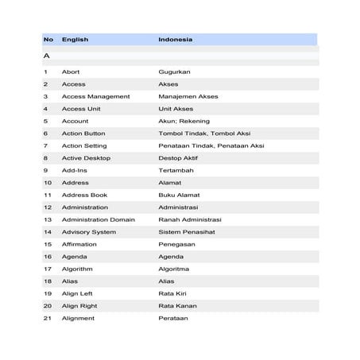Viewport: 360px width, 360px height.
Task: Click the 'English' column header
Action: [75, 39]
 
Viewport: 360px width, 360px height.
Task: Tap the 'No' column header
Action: [48, 39]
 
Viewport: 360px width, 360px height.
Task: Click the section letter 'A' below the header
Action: [47, 56]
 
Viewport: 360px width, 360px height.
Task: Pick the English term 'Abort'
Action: [71, 72]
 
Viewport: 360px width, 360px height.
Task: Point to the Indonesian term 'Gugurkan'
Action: [174, 72]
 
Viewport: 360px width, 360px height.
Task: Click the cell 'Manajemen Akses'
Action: [188, 96]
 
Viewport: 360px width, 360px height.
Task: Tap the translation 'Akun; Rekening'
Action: [182, 121]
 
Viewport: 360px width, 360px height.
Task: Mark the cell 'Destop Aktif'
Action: [178, 158]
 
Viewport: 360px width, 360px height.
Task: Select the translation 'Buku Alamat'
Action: [179, 195]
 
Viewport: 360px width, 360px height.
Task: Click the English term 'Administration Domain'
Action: [99, 219]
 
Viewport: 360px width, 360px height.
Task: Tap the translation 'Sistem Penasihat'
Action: [186, 232]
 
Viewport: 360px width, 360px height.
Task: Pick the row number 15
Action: [48, 244]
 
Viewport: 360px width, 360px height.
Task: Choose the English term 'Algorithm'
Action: [77, 269]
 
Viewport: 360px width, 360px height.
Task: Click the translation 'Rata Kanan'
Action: [177, 306]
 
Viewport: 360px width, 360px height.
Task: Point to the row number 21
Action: [48, 318]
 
